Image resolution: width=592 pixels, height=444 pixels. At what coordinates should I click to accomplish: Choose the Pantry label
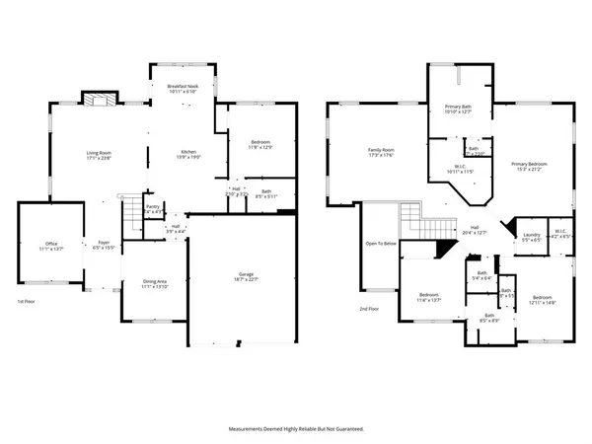(x=154, y=207)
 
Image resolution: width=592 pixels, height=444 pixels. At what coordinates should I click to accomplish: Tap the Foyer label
(x=103, y=242)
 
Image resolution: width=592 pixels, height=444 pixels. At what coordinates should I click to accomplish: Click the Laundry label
(x=531, y=233)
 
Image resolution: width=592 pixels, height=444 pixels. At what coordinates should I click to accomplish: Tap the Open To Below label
(x=380, y=243)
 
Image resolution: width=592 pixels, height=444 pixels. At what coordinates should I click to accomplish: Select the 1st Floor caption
(x=29, y=301)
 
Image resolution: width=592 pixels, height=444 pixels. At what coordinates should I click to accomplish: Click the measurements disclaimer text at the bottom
(x=296, y=429)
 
